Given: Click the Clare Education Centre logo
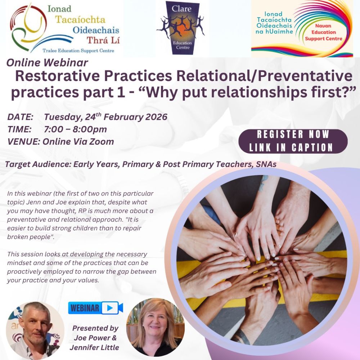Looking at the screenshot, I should coord(182,28).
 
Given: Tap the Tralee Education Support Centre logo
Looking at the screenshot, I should coord(65,28).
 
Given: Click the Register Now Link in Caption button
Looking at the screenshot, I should coord(293,141).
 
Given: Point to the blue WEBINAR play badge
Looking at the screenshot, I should coord(95,308).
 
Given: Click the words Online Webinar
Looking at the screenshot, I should coord(47,63).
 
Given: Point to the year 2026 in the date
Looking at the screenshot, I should coord(156,117).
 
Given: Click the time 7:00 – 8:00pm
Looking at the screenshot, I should coord(75,129).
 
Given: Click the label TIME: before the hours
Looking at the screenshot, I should coord(19,129).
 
